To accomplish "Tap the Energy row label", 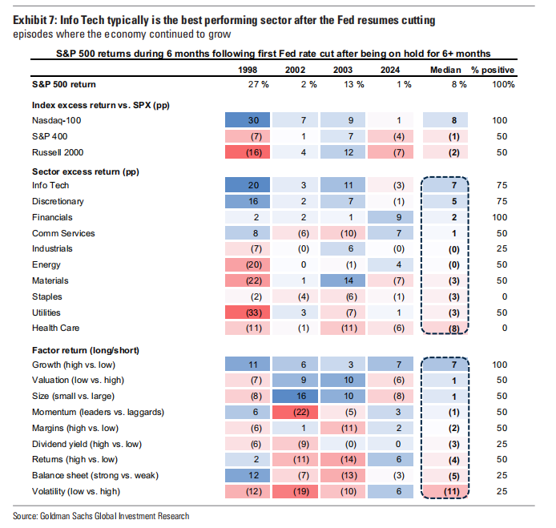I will tap(46, 264).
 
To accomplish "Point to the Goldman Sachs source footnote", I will tap(102, 515).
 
